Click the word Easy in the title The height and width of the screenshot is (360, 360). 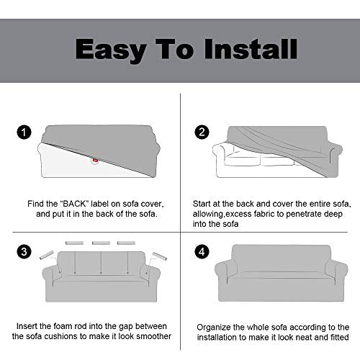tap(111, 50)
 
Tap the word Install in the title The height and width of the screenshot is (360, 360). tap(251, 49)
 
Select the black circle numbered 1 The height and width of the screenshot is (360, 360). tap(24, 132)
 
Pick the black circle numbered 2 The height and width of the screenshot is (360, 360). tap(202, 132)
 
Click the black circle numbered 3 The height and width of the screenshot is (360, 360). tap(24, 252)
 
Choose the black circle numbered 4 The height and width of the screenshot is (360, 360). tap(202, 252)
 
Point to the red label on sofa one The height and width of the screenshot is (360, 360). tap(95, 161)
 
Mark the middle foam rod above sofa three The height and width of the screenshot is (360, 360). tap(101, 243)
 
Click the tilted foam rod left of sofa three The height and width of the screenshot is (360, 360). tap(47, 255)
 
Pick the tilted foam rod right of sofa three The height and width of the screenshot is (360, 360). tap(160, 256)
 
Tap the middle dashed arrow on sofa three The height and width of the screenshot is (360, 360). tap(101, 263)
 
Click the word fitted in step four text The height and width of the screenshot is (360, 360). tap(340, 337)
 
